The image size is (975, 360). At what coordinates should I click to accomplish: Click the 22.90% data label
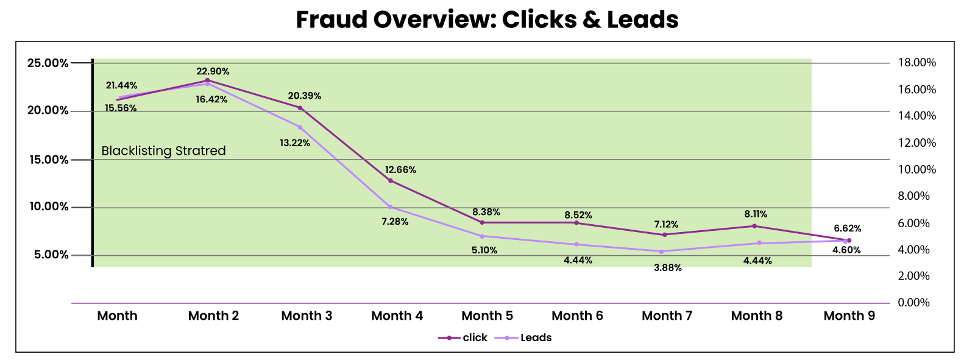point(213,72)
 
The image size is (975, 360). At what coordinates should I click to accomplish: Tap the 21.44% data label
point(121,86)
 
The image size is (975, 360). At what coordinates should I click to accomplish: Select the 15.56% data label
point(121,108)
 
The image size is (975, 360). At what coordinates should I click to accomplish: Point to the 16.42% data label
point(211,100)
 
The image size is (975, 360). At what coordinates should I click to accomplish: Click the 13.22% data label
point(295,143)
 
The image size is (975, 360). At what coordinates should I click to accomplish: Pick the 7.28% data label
point(395,222)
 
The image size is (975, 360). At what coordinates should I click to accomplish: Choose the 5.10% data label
point(484,250)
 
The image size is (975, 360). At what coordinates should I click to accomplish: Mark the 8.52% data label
point(578,216)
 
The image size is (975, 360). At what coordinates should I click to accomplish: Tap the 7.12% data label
point(666,225)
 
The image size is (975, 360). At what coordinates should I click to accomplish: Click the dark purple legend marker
point(449,338)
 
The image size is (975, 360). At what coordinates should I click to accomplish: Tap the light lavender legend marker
point(506,338)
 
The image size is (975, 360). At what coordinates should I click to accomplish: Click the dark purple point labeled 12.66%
point(391,181)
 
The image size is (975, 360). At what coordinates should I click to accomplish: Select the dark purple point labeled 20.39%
point(300,108)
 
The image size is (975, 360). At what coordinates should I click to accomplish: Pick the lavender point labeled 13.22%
point(300,127)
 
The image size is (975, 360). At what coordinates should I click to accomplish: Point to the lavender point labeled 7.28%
point(390,207)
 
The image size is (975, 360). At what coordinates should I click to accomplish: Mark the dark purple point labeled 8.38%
point(482,222)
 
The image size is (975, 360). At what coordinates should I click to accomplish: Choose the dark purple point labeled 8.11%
point(754,226)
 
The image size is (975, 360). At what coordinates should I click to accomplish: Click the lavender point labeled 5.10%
point(482,236)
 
